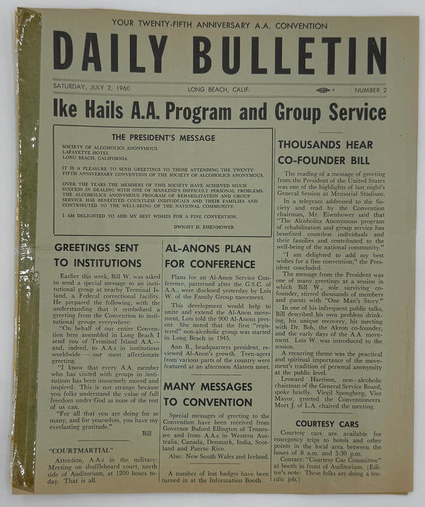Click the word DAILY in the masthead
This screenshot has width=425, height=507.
point(110,54)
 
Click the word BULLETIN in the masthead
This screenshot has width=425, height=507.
point(282,54)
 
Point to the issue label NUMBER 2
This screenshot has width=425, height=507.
point(370,91)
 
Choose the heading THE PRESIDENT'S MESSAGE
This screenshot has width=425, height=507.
point(164,138)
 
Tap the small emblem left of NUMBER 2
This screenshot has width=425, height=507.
point(323,91)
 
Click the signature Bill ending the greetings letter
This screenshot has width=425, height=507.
point(147,433)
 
